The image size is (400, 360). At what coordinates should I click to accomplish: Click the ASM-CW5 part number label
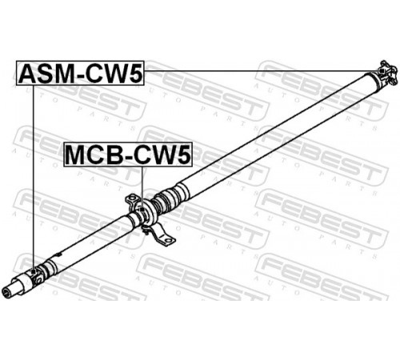[x=80, y=73]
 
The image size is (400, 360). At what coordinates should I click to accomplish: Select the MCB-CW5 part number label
[x=128, y=154]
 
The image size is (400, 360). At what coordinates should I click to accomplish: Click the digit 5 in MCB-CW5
[x=184, y=154]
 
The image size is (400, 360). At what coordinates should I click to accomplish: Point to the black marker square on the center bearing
[x=142, y=210]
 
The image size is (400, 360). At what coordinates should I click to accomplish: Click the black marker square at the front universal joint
[x=34, y=271]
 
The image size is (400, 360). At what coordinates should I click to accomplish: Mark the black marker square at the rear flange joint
[x=382, y=70]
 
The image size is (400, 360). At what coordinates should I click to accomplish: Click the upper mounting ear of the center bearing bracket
[x=132, y=199]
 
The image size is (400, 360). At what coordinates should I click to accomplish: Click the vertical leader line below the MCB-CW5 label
[x=142, y=187]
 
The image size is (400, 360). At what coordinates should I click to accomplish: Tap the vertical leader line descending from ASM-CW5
[x=34, y=178]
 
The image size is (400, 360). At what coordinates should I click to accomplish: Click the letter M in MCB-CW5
[x=76, y=154]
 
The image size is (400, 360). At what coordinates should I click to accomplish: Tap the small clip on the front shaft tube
[x=59, y=254]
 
